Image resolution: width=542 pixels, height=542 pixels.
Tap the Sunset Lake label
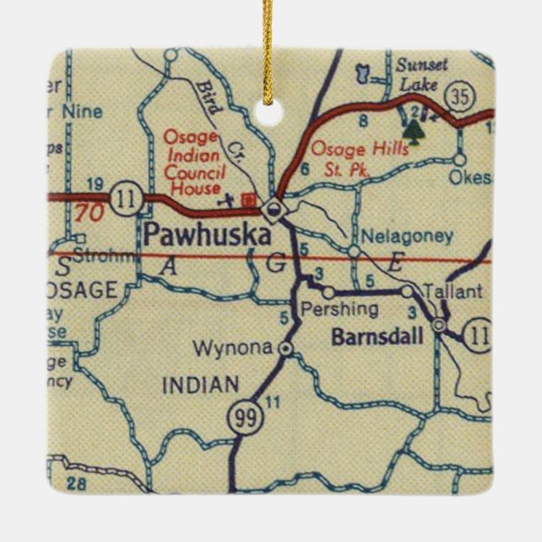(x=418, y=74)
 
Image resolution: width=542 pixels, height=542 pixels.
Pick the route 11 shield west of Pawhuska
(x=127, y=199)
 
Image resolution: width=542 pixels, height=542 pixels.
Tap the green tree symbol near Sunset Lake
(x=412, y=129)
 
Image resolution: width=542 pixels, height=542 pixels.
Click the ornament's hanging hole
(x=270, y=109)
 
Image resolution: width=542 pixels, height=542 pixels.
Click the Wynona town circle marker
(x=286, y=348)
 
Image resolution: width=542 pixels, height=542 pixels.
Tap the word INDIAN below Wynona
(x=199, y=386)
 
